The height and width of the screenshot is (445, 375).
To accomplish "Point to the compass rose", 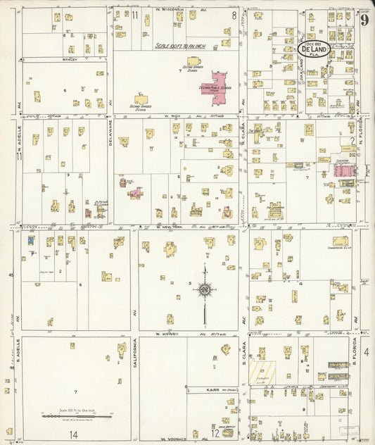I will tap(204, 288).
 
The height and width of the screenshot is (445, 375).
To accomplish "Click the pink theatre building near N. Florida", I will tap(345, 170).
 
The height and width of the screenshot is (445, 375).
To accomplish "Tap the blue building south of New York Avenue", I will tap(31, 240).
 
